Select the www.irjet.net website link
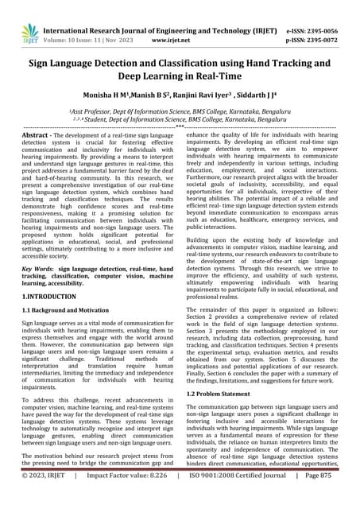click(168, 37)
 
